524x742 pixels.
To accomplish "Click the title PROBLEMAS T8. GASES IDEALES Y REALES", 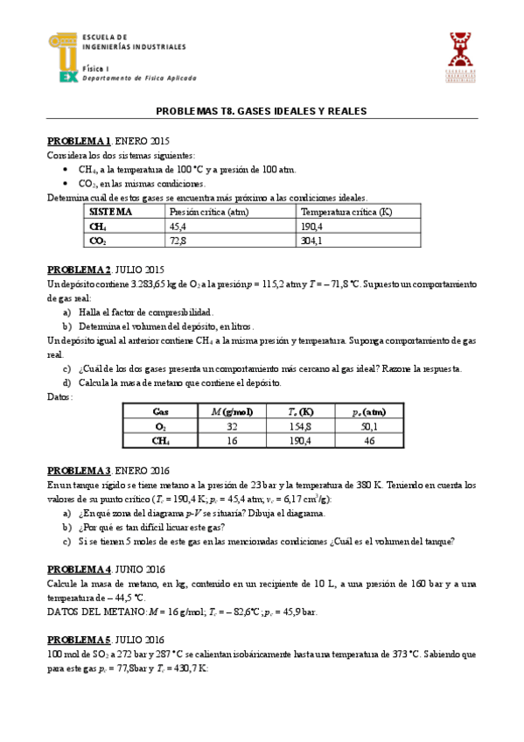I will [x=261, y=111].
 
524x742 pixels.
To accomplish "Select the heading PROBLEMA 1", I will [x=79, y=141].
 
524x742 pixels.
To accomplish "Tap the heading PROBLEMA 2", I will [x=79, y=269].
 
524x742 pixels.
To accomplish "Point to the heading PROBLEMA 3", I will [x=79, y=471].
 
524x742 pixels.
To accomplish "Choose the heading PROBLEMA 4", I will [x=79, y=567].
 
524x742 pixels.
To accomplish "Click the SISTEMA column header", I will [x=110, y=212].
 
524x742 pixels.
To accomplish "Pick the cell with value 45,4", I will [x=178, y=226].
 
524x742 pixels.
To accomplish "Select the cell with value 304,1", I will [x=311, y=240].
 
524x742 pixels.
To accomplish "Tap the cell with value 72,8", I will [x=178, y=240].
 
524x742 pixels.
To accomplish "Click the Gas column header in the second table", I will [x=161, y=411].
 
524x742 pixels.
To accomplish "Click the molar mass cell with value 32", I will [x=232, y=426].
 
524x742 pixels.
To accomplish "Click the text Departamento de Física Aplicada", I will [x=139, y=78].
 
